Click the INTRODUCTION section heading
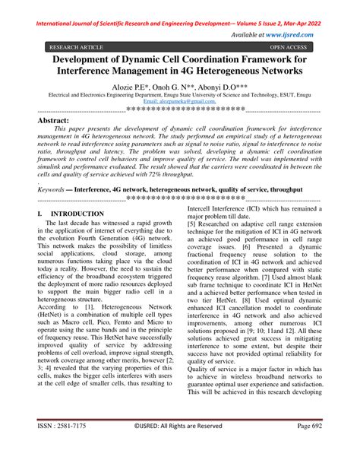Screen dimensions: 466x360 pos(75,215)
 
